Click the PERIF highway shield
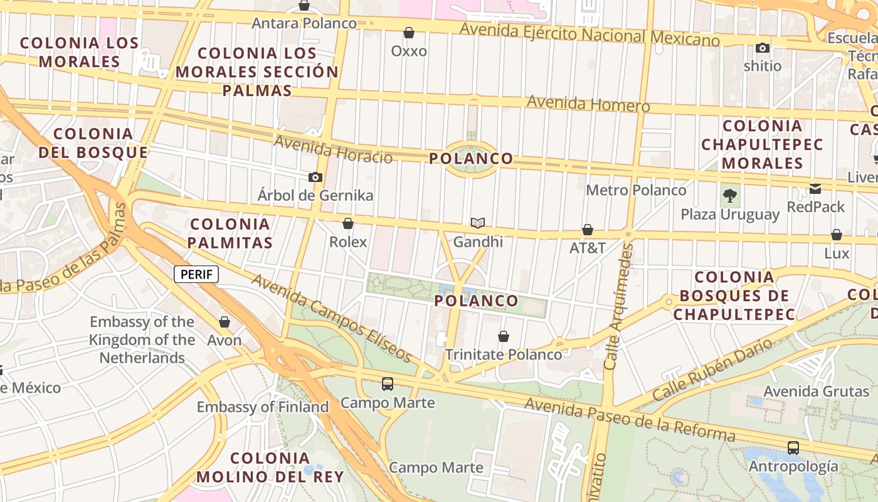point(196,274)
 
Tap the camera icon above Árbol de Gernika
point(315,178)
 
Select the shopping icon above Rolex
point(348,223)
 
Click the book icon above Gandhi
point(478,223)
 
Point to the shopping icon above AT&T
point(588,230)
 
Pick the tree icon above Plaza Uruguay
point(729,195)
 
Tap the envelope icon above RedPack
point(815,188)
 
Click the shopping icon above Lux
point(836,235)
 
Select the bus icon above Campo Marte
point(388,383)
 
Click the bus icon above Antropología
point(793,447)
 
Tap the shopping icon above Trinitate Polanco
point(503,336)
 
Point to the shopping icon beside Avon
point(224,322)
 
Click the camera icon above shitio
point(763,48)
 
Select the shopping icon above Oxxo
point(409,33)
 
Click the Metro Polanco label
point(636,190)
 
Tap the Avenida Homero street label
point(588,104)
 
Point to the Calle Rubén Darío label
point(712,370)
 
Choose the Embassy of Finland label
point(263,407)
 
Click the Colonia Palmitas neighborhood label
point(231,233)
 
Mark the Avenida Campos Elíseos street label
point(332,318)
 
